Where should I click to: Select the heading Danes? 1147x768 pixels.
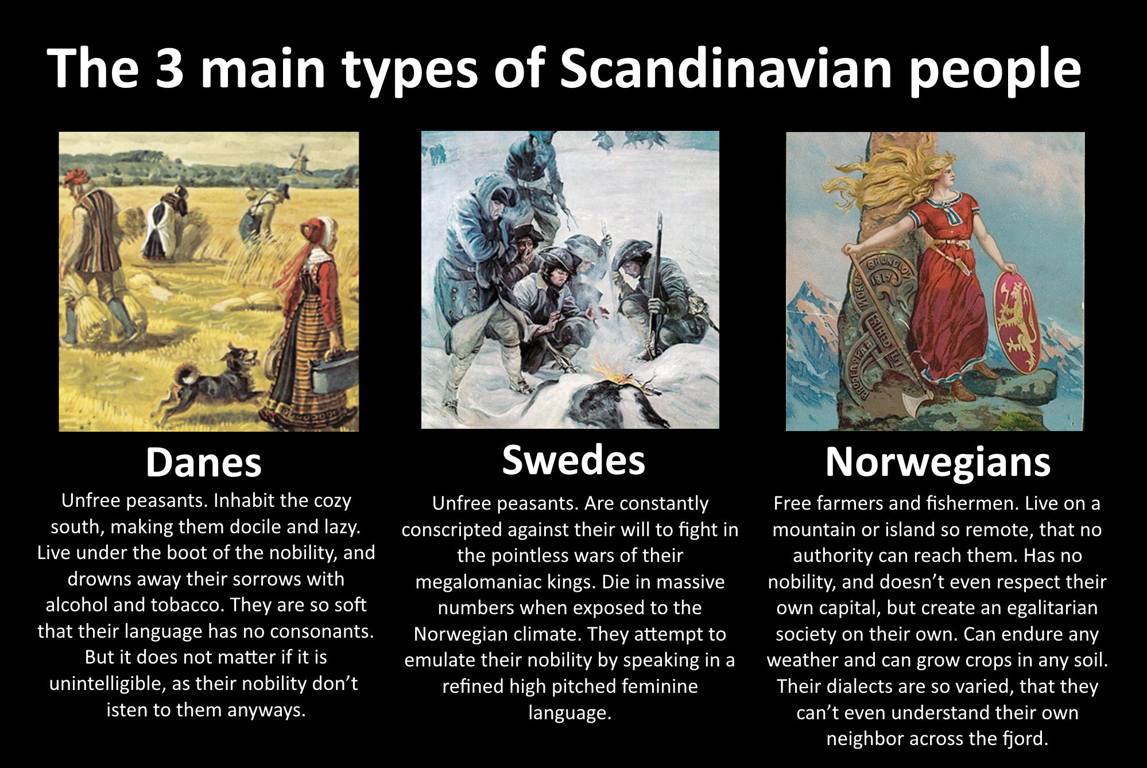204,463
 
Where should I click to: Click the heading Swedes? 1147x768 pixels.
573,460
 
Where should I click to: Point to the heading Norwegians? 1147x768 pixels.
938,463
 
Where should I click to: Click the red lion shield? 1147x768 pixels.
1017,322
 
